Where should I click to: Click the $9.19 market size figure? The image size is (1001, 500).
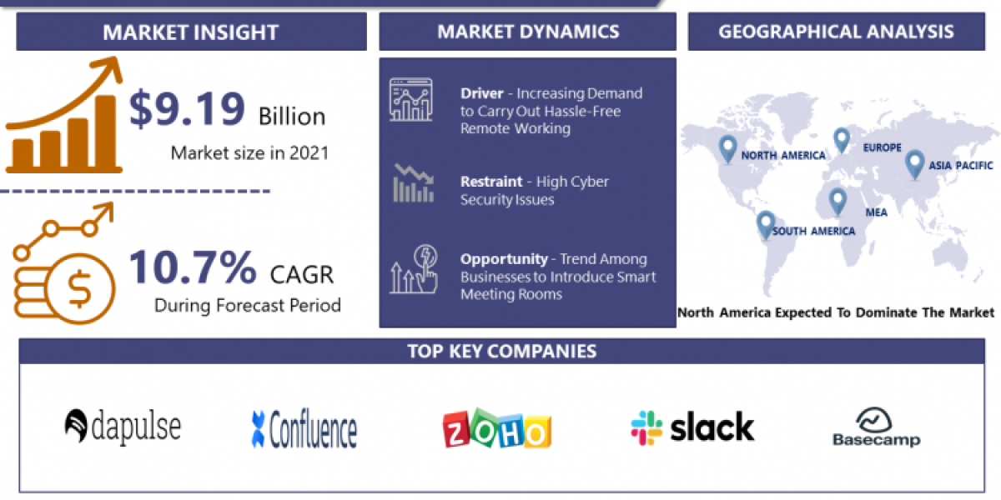188,110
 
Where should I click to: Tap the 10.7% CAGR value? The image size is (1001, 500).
193,268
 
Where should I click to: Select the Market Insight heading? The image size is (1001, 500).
190,32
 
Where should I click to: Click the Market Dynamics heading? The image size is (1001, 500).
528,32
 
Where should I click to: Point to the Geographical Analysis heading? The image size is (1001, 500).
836,32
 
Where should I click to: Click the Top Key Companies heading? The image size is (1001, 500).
501,351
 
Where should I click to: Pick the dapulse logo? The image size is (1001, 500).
123,427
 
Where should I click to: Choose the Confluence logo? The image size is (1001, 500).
304,429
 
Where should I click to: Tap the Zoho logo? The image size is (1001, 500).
496,429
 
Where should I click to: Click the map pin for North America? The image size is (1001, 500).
728,149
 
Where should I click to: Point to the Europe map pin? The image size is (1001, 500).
841,140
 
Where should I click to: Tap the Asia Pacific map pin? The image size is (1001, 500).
914,163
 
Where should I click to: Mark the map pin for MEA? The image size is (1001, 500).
837,202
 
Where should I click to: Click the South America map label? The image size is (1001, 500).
813,231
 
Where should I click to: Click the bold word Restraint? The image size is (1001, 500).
491,182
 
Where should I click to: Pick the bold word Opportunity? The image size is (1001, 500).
504,259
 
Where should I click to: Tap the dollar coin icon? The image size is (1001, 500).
81,290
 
